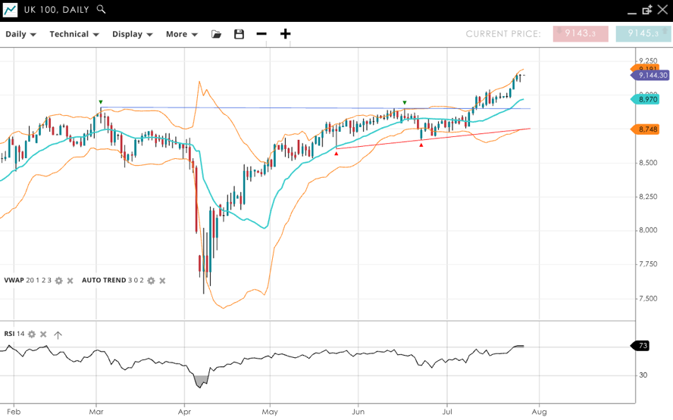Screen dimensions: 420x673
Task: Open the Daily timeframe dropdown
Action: coord(21,34)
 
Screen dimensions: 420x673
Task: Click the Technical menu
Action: coord(74,34)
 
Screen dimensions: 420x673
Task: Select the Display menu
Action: coord(133,34)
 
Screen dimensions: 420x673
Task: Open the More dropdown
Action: coord(182,34)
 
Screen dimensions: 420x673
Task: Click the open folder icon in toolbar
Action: coord(217,34)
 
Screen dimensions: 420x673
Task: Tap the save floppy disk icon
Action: coord(239,34)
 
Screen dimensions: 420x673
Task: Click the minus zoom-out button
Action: coord(261,34)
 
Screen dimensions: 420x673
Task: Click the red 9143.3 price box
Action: coord(581,33)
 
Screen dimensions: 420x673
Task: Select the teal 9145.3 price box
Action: coord(643,33)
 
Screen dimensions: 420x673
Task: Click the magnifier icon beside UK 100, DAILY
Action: coord(102,10)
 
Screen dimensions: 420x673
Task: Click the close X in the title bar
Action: coord(662,10)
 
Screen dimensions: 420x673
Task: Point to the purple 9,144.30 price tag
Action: coord(651,76)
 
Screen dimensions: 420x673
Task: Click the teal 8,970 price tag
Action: coord(648,99)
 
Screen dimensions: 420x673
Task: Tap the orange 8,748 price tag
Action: coord(648,129)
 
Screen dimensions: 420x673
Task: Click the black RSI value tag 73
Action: coord(642,346)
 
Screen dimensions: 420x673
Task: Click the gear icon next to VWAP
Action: coord(59,281)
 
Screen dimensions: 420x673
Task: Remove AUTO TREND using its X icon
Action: coord(162,281)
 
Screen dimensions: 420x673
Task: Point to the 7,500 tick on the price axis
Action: coord(648,298)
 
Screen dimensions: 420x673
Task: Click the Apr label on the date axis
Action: coord(184,412)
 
